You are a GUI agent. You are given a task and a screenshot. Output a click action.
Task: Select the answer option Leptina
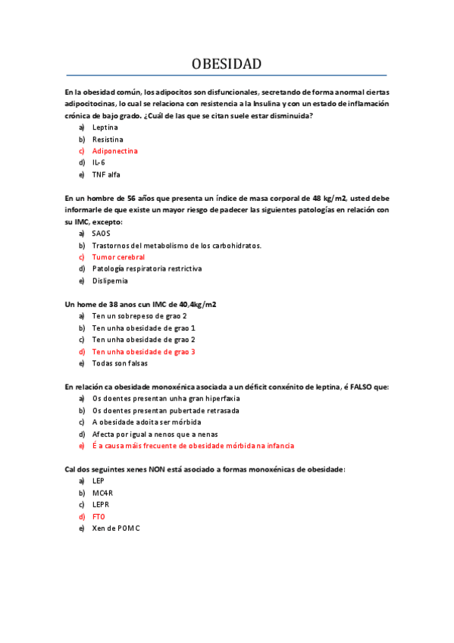click(x=105, y=127)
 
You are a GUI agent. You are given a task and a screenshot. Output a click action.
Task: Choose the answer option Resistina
click(x=108, y=140)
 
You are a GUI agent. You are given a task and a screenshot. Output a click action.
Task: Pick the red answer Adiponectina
click(x=114, y=151)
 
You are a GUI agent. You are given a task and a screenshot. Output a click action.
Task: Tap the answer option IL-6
click(x=99, y=162)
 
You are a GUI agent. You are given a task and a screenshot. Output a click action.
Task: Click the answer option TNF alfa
click(x=106, y=174)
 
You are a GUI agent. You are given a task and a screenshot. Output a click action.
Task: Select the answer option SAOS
click(x=101, y=234)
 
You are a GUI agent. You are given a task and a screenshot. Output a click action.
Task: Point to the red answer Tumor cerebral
click(x=118, y=257)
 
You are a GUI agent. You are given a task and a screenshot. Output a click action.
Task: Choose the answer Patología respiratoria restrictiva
click(x=147, y=268)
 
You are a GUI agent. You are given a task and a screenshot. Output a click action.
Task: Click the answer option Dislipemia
click(x=110, y=281)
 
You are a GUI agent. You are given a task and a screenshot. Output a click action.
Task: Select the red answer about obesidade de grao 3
click(x=143, y=352)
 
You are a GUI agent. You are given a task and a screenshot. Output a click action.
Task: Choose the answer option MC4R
click(x=102, y=493)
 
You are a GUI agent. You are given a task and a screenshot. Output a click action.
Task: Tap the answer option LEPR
click(x=101, y=504)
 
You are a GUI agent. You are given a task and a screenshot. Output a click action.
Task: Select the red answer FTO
click(x=99, y=516)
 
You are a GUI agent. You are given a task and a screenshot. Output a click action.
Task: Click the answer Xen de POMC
click(x=116, y=528)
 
